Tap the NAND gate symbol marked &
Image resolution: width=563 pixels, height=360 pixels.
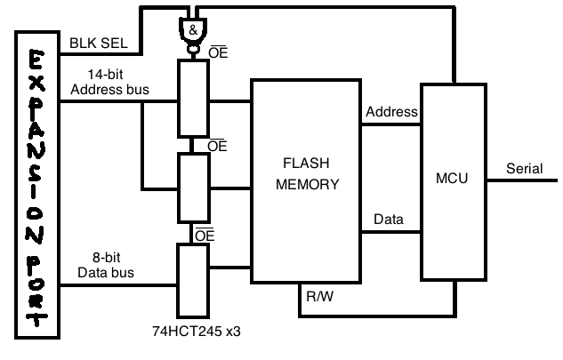click(193, 30)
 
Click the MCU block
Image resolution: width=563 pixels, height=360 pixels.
click(455, 181)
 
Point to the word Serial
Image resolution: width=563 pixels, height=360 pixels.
click(523, 169)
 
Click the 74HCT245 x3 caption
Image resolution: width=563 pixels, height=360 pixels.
click(197, 331)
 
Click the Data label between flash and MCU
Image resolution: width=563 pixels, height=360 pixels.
click(387, 219)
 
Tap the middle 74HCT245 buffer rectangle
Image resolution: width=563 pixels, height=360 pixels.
click(194, 188)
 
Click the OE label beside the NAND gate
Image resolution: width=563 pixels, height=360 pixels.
click(217, 53)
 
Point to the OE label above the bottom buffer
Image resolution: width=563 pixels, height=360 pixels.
click(205, 236)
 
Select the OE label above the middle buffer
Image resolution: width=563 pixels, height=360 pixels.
click(217, 144)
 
